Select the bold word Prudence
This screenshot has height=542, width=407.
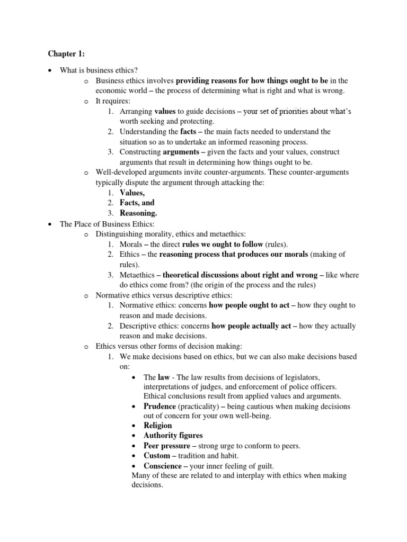(x=160, y=406)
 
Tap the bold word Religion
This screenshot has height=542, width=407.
(x=158, y=425)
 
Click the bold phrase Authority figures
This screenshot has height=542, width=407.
(x=173, y=435)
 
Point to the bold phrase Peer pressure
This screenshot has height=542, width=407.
(x=166, y=446)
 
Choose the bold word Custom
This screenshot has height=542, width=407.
(x=157, y=456)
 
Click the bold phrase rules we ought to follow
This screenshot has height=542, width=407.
(x=222, y=244)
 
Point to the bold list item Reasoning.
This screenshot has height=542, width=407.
(x=138, y=213)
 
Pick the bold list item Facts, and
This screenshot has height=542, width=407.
(x=137, y=203)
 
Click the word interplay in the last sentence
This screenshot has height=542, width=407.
(x=245, y=475)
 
